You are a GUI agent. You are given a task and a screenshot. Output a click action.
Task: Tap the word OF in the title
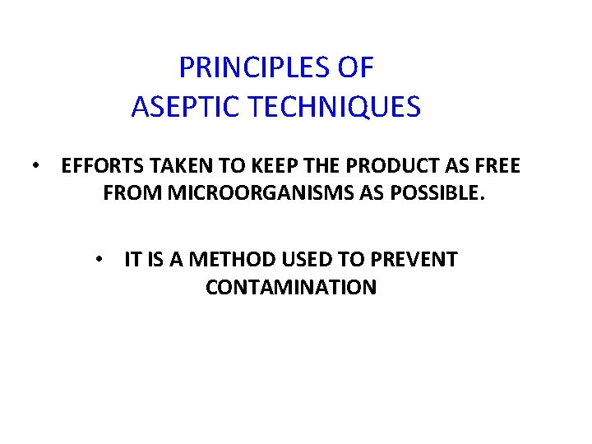coord(355,67)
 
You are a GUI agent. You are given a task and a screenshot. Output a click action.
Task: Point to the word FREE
coord(497,167)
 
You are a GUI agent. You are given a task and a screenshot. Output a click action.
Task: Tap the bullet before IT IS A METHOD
coord(99,260)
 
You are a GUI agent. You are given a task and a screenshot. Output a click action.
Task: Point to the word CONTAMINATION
coord(291,288)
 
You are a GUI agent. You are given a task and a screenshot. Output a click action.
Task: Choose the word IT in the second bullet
coord(132,260)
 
